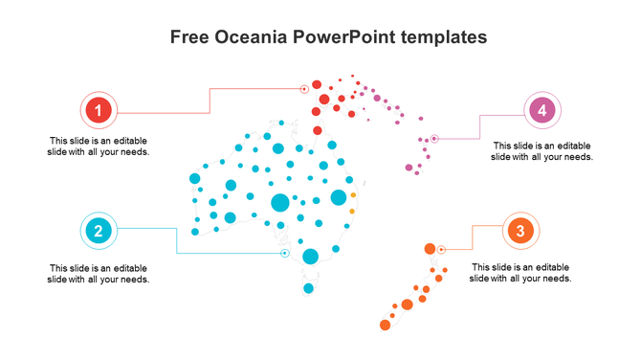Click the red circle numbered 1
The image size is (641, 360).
click(x=99, y=110)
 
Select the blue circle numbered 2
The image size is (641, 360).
click(x=99, y=230)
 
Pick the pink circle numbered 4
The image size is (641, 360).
click(x=542, y=110)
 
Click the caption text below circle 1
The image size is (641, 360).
click(x=99, y=146)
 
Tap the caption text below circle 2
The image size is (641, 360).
click(x=99, y=274)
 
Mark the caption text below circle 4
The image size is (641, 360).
click(x=542, y=150)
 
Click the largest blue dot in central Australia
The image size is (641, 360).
click(x=280, y=202)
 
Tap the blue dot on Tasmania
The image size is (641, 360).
click(x=308, y=288)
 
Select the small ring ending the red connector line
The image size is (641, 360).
click(x=304, y=89)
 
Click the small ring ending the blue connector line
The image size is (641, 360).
click(x=284, y=254)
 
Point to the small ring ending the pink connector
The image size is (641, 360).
click(x=433, y=138)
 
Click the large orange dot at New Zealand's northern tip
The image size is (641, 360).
click(x=430, y=249)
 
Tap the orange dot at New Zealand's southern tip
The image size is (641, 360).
click(x=385, y=326)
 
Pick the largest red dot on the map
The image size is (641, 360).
click(x=324, y=99)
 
